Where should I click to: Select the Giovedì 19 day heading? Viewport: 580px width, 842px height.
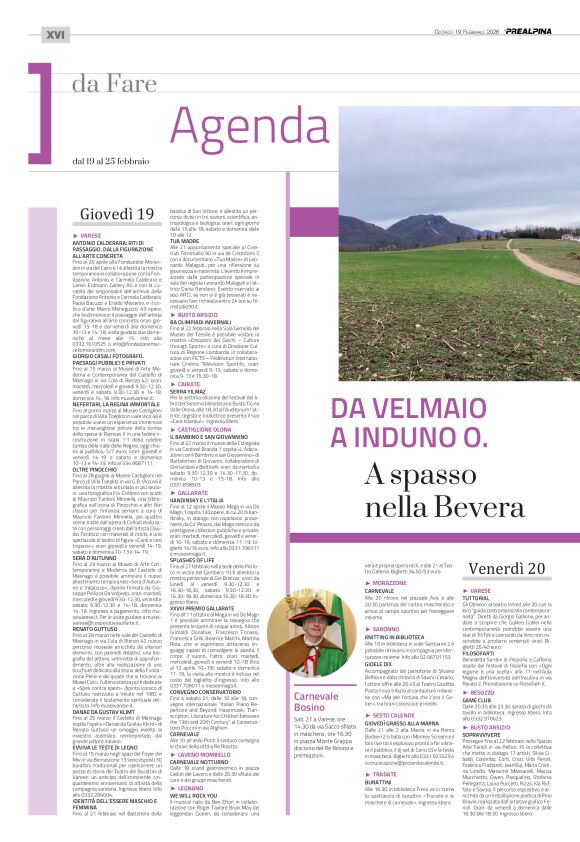tap(117, 214)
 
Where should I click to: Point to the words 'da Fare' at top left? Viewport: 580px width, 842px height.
tap(111, 84)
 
